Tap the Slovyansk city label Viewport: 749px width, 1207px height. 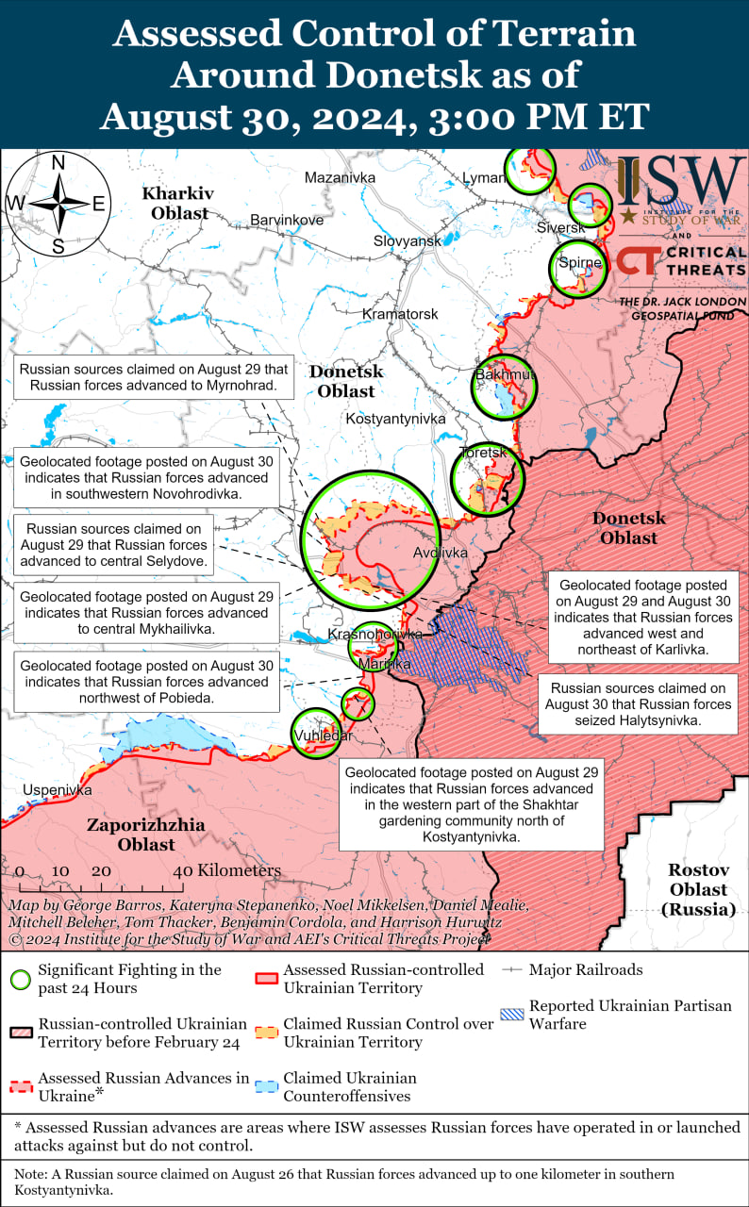tap(407, 241)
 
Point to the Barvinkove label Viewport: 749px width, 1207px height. tap(287, 221)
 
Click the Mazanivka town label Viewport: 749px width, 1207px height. tap(340, 177)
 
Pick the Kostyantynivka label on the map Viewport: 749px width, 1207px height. tap(395, 418)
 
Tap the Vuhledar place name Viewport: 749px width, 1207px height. tap(323, 736)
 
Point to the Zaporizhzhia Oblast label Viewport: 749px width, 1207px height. tap(146, 835)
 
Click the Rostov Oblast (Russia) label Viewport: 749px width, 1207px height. tap(699, 889)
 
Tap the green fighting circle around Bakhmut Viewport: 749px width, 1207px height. tap(504, 387)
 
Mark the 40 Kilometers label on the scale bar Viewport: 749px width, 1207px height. tap(226, 870)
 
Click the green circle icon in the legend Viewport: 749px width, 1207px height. tap(19, 978)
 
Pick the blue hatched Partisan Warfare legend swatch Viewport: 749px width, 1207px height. tap(512, 1016)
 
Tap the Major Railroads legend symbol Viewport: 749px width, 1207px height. tap(512, 969)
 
